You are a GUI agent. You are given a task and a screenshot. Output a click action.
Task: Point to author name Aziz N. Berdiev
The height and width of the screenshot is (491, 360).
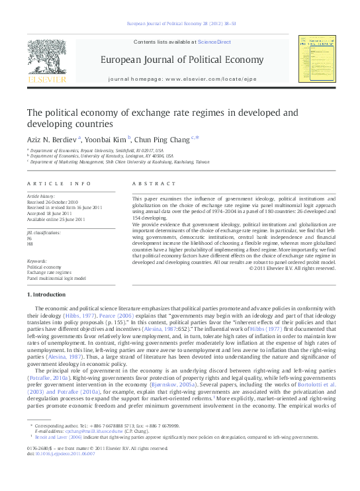52,139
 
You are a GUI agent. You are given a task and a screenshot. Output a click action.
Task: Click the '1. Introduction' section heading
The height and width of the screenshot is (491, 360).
47,294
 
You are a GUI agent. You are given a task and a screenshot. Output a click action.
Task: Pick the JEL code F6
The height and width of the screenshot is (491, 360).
29,238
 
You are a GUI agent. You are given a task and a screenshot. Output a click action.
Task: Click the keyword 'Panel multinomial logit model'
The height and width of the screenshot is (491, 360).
56,279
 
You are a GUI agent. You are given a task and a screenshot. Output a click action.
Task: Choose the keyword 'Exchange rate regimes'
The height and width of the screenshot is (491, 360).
49,273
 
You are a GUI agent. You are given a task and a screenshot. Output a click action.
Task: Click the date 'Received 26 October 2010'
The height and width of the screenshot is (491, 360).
52,202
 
